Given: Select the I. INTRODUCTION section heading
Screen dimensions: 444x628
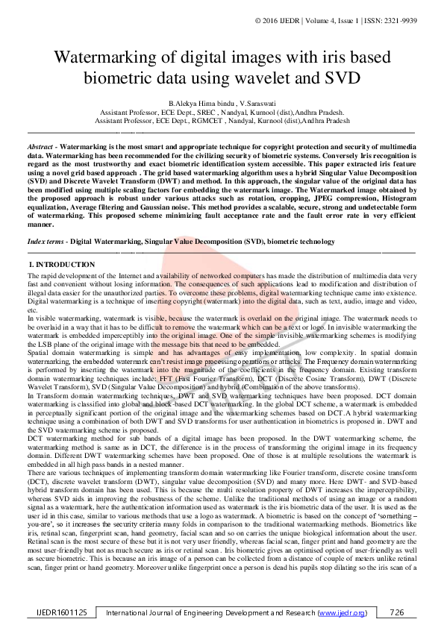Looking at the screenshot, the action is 60,265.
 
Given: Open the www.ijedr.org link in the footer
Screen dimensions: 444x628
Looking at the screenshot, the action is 343,612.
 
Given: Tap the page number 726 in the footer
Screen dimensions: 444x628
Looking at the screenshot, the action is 397,612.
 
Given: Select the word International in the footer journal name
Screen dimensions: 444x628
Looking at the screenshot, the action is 134,612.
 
